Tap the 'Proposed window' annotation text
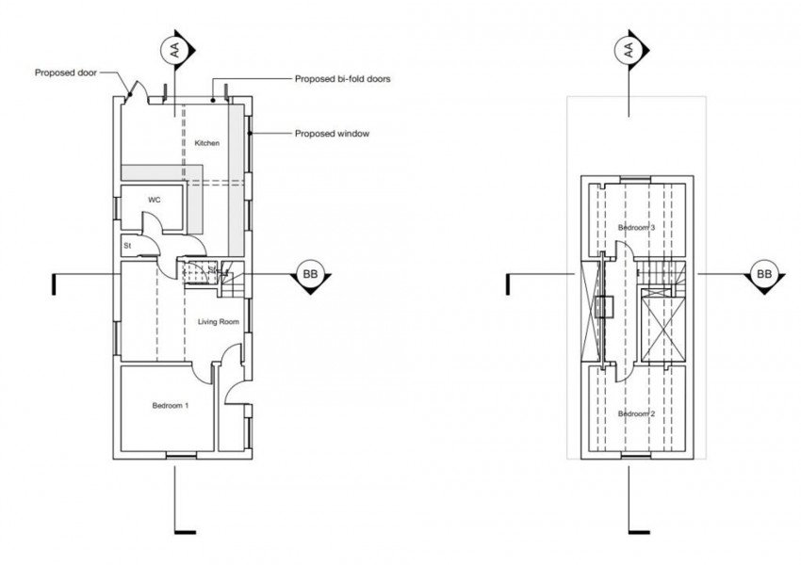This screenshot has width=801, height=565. pyautogui.click(x=331, y=134)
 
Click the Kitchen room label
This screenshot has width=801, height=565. pyautogui.click(x=206, y=143)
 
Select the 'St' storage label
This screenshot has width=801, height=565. pyautogui.click(x=127, y=246)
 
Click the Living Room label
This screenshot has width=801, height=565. pyautogui.click(x=218, y=322)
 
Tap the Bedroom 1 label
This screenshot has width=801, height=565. pyautogui.click(x=171, y=406)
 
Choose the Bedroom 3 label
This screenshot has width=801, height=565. pyautogui.click(x=636, y=228)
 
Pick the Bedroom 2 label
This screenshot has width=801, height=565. pyautogui.click(x=636, y=414)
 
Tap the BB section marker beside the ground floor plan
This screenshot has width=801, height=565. pyautogui.click(x=309, y=274)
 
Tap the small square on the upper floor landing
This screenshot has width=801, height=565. pyautogui.click(x=606, y=307)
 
